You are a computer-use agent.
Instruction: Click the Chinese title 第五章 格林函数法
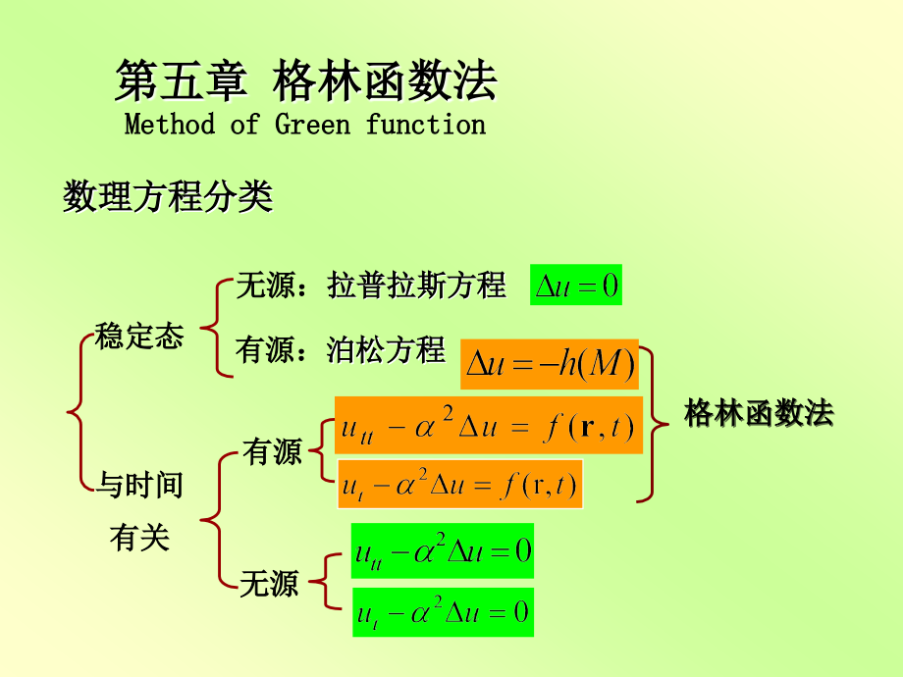point(305,80)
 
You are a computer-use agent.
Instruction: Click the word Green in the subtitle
point(311,125)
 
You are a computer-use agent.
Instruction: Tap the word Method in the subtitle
point(169,125)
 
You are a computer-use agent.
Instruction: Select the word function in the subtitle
point(426,125)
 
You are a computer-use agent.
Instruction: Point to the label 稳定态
point(139,337)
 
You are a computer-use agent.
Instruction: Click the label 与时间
point(139,484)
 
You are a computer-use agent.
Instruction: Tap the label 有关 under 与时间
point(139,538)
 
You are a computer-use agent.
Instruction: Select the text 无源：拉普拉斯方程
point(371,286)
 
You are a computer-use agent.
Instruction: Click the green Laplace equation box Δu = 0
point(576,286)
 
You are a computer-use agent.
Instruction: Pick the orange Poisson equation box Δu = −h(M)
point(550,365)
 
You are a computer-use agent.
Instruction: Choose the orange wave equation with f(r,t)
point(488,426)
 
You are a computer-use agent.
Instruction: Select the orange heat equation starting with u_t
point(459,485)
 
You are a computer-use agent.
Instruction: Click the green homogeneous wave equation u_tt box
point(442,551)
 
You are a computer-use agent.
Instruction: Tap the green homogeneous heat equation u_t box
point(442,613)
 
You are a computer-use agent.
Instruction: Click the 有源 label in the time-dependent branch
point(272,452)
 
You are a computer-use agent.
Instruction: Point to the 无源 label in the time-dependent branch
point(269,586)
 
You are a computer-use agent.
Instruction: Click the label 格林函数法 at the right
point(759,413)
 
